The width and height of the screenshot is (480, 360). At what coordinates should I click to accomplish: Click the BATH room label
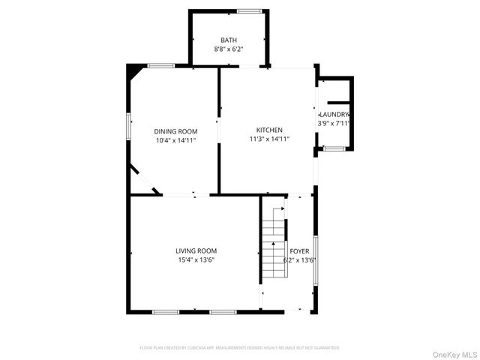point(229,40)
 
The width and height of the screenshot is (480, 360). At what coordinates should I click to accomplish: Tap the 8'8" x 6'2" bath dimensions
point(229,49)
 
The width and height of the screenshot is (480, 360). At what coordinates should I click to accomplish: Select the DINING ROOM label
point(176,131)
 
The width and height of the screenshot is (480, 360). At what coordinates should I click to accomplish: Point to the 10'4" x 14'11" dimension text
point(176,140)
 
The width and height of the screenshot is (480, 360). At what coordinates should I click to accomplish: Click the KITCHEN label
point(269,130)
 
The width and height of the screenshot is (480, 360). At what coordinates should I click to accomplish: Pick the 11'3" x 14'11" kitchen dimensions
point(269,139)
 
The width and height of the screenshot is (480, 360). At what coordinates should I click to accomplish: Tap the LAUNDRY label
point(334,114)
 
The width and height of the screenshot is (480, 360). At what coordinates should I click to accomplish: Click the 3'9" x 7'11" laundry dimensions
point(334,123)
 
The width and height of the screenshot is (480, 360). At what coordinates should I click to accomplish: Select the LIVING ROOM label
point(196,251)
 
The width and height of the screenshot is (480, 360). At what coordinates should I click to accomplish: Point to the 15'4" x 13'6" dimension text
point(196,260)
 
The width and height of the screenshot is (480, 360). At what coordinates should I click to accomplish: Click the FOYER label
point(299,251)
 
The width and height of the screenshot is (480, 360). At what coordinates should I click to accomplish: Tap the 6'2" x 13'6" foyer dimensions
point(299,260)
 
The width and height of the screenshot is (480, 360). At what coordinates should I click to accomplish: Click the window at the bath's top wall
point(250,10)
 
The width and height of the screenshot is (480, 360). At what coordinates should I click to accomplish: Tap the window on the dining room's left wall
point(127,125)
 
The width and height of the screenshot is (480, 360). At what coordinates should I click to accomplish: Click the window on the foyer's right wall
point(315,259)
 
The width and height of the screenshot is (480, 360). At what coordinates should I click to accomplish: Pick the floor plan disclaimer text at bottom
point(240,348)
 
